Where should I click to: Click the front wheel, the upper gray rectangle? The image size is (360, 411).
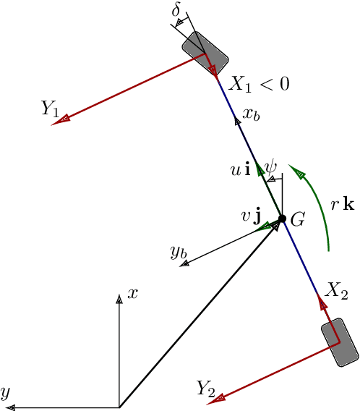coord(205,51)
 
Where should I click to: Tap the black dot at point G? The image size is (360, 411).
coord(283,219)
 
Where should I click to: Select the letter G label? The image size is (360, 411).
coord(297,222)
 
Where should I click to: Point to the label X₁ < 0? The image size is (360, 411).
coord(259,84)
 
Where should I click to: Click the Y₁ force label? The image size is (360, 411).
coord(50,109)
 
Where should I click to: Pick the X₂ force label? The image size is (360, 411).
coord(336,291)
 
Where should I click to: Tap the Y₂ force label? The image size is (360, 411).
coord(205,389)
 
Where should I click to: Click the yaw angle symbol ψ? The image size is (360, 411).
coord(271,167)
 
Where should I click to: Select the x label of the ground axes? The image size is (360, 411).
coord(132,293)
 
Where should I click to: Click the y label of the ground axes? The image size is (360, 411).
coord(5,393)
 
